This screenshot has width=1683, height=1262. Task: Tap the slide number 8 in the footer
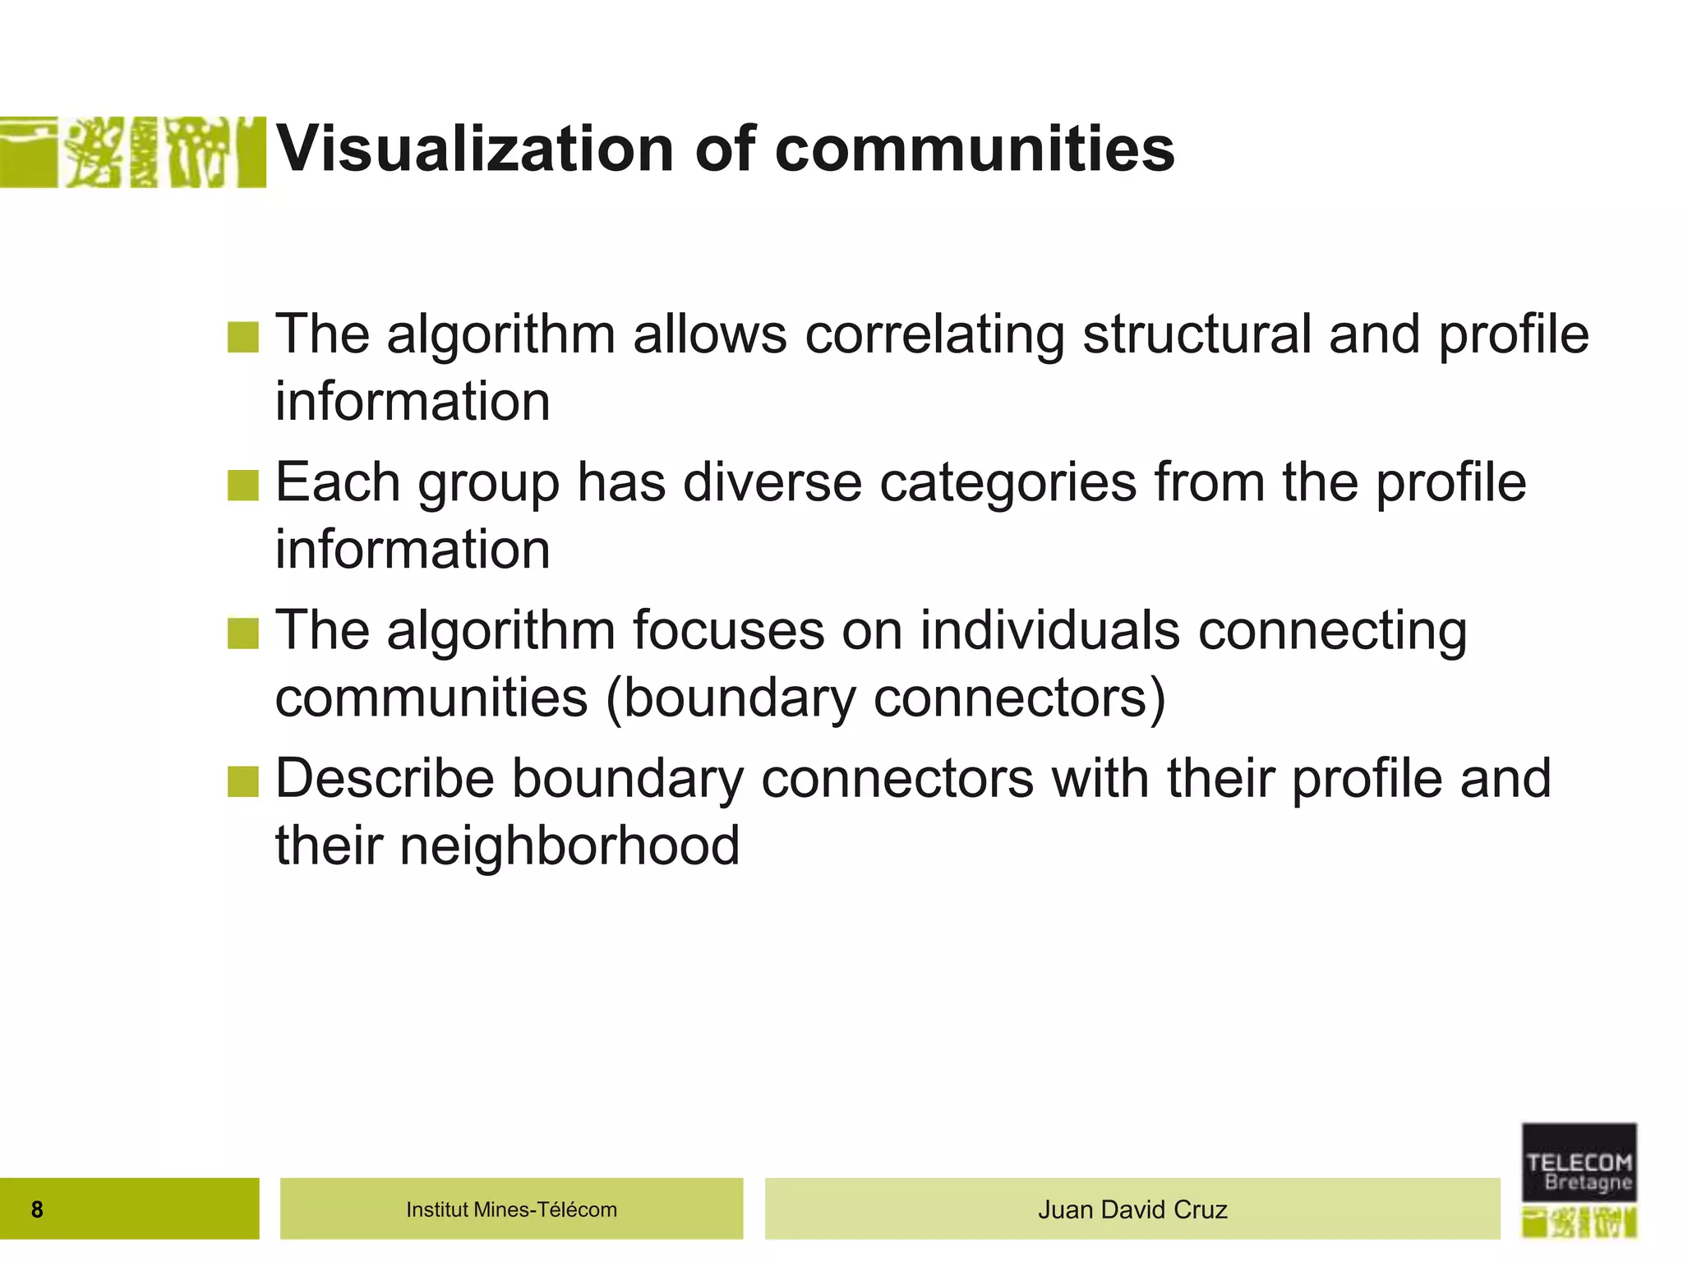(x=37, y=1209)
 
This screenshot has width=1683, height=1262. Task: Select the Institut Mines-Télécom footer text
(x=511, y=1209)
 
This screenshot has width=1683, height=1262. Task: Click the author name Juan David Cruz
(x=1132, y=1209)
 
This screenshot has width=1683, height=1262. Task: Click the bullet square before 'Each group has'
(x=243, y=485)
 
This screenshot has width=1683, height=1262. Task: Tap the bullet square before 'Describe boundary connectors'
(x=243, y=781)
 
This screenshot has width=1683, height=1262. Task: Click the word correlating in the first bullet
(x=935, y=334)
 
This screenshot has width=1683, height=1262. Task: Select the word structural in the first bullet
(x=1197, y=334)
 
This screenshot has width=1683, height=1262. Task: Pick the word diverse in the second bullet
(x=772, y=482)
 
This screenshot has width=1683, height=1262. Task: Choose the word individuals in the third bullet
(x=1049, y=630)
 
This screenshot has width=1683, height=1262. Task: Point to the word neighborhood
(x=569, y=845)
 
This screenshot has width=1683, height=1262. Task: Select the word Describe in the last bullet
(x=384, y=778)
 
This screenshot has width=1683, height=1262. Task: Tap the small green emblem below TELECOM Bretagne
(x=1579, y=1223)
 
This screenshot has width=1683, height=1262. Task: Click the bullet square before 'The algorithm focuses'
(x=243, y=633)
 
